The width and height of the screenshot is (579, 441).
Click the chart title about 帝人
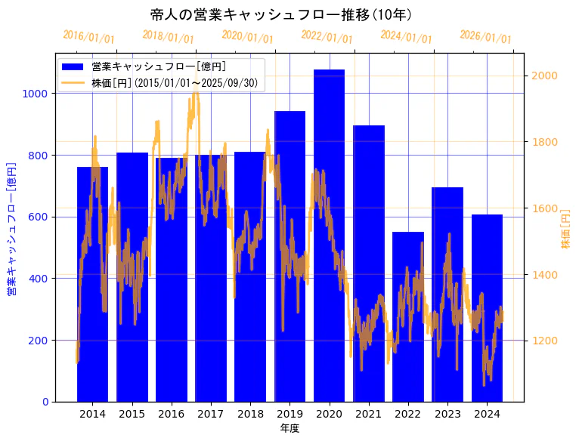coord(281,14)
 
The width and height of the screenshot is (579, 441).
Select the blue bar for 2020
coord(329,242)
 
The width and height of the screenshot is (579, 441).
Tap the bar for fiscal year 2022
coord(407,317)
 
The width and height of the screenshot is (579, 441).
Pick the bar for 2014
coord(92,287)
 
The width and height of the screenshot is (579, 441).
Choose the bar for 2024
coord(487,310)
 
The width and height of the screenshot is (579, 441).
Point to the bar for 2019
coord(289,257)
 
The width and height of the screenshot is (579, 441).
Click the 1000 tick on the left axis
coord(39,94)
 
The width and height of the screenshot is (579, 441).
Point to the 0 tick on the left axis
coord(46,402)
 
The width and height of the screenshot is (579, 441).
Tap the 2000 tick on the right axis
coord(545,76)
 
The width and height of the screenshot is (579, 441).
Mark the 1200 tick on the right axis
coord(545,341)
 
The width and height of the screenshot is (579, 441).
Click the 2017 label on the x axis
coord(210,414)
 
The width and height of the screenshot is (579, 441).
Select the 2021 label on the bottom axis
coord(368,414)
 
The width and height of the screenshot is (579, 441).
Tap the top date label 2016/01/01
coord(88,37)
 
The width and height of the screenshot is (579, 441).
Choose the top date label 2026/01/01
coord(485,38)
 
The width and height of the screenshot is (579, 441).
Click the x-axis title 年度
coord(289,429)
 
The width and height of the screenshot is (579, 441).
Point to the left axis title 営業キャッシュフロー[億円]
coord(11,228)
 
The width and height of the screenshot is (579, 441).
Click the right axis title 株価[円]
coord(566,230)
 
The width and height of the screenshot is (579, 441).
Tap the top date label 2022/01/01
coord(327,37)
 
